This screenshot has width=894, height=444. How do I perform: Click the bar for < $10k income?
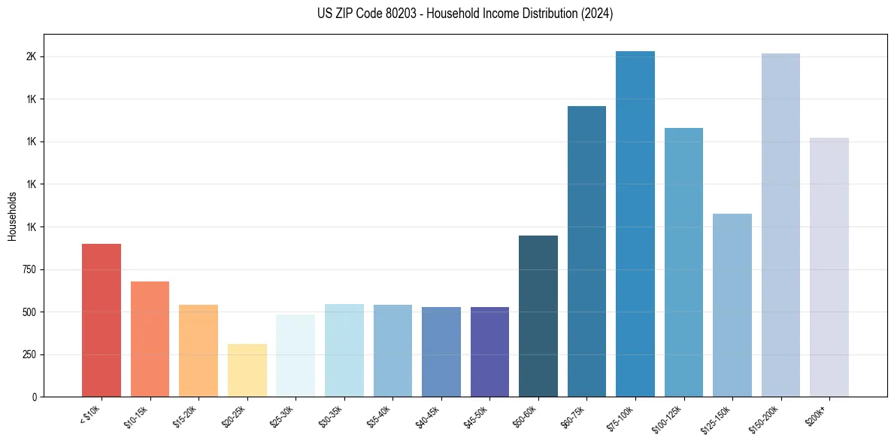click(102, 320)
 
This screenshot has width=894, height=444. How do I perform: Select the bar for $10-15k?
click(150, 339)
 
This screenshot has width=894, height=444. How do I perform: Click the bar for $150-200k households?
click(780, 225)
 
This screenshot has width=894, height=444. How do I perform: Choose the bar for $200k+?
click(829, 267)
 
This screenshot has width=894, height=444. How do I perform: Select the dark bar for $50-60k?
click(538, 316)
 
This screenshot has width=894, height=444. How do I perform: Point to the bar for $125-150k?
click(732, 305)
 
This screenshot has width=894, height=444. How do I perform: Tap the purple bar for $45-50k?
click(489, 351)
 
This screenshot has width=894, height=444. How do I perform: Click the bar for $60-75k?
click(586, 251)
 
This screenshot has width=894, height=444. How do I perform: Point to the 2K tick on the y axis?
click(31, 57)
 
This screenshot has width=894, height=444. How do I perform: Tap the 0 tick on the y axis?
click(34, 397)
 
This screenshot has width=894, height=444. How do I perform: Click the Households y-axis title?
click(12, 216)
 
